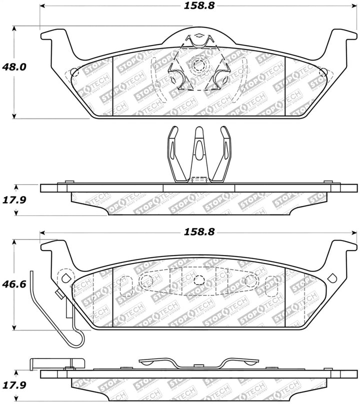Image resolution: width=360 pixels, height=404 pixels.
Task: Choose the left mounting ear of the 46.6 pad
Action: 54,247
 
